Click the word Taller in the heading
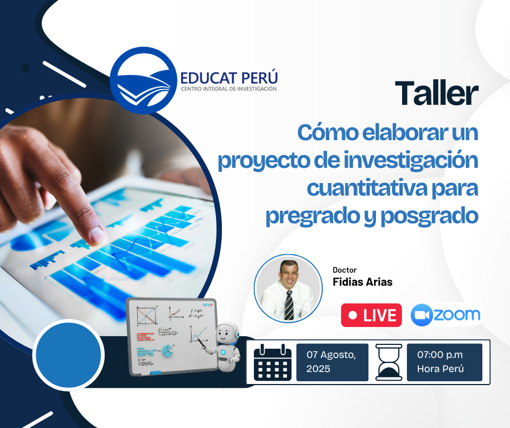coord(437,93)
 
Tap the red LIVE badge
coord(372,315)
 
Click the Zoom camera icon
coord(421,314)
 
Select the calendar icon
coord(272,362)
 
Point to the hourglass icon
coord(389,362)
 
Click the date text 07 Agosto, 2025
coord(331,362)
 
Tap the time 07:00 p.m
coord(440,354)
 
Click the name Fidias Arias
coord(362,282)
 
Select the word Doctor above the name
coord(345,270)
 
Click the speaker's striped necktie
coord(289,305)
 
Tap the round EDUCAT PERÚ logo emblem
coord(143,80)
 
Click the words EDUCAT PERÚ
coord(229,78)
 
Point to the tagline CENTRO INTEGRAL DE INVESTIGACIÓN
coord(228,89)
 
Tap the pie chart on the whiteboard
coord(168,350)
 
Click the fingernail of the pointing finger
coord(98,235)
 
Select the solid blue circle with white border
coord(68,355)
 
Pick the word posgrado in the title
coord(429,216)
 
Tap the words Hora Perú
coord(441,369)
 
